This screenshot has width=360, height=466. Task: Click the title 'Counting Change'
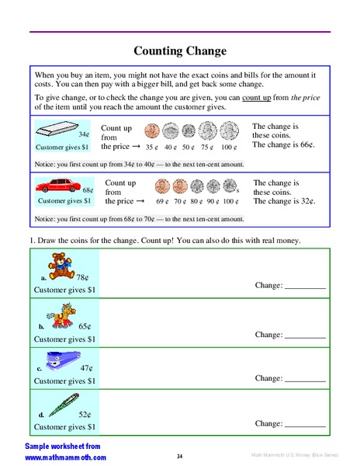point(180,51)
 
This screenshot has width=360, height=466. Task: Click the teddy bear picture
point(59,265)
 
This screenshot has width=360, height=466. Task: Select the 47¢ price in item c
point(86,367)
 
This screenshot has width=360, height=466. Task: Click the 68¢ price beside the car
point(88,190)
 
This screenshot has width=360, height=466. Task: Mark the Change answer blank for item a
point(305,287)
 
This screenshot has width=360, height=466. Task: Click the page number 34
point(179,456)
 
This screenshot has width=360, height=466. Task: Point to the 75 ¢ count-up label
point(207,146)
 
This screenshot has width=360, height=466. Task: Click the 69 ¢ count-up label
point(161,201)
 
